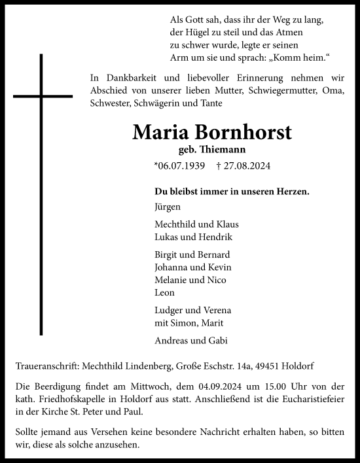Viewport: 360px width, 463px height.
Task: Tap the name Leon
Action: pos(164,293)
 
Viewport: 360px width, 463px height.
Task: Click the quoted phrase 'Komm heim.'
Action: pos(286,58)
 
